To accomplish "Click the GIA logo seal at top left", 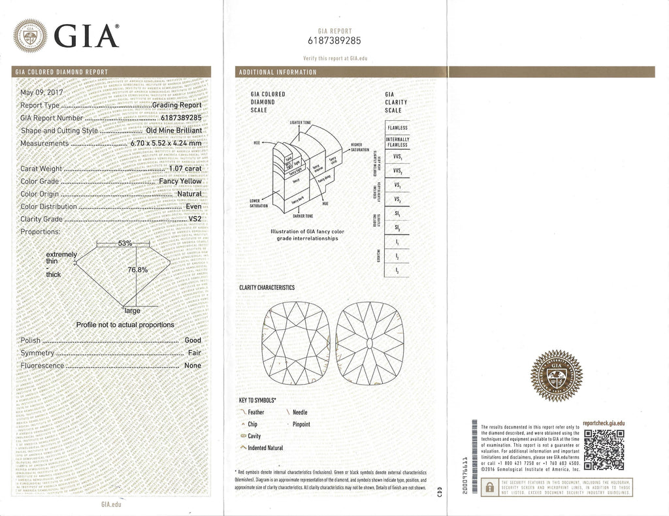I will coord(31,35).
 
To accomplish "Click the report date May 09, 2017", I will coord(42,92).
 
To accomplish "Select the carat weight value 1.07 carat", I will coord(185,169).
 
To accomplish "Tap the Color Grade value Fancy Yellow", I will coord(178,182).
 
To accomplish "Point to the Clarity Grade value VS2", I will coord(195,219).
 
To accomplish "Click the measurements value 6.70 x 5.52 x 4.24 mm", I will coord(166,143).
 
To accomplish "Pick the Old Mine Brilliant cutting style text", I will coord(174,131).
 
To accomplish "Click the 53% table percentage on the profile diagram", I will coord(125,243).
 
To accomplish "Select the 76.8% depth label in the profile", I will coord(137,269).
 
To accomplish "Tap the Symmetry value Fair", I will coord(194,353).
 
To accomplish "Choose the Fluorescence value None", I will coord(193,366).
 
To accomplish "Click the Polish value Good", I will coord(193,340).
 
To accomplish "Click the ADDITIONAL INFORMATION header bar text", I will coord(278,72).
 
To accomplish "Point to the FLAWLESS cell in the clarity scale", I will coord(397,128).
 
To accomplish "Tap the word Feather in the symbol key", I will coord(256,413).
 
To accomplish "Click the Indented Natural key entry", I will coord(265,448).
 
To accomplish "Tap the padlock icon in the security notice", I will coord(488,487).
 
